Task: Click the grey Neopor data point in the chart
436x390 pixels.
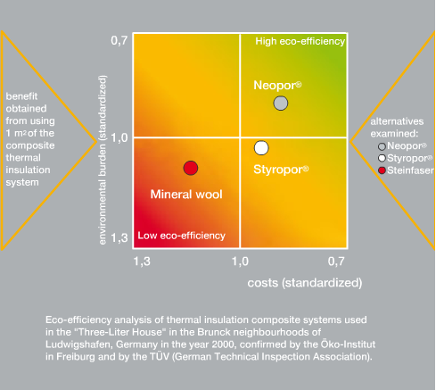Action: pyautogui.click(x=281, y=104)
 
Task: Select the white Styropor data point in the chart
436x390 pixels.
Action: pyautogui.click(x=261, y=148)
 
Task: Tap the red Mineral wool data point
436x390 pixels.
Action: pyautogui.click(x=191, y=168)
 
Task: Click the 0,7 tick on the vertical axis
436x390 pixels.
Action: pyautogui.click(x=119, y=40)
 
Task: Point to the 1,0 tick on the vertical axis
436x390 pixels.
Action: pyautogui.click(x=119, y=137)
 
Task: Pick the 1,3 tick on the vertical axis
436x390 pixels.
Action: pyautogui.click(x=119, y=237)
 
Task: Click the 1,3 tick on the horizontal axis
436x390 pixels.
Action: pyautogui.click(x=142, y=261)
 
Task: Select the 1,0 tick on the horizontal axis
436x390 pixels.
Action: pyautogui.click(x=240, y=261)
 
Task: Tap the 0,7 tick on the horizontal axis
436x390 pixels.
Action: pyautogui.click(x=336, y=261)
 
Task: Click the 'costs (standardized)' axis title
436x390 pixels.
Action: pyautogui.click(x=305, y=283)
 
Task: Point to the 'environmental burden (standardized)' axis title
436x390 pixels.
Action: pyautogui.click(x=103, y=160)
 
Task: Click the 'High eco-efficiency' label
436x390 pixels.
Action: pyautogui.click(x=300, y=41)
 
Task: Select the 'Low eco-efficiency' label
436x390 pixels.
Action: pyautogui.click(x=181, y=236)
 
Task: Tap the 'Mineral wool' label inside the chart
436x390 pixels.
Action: pyautogui.click(x=186, y=195)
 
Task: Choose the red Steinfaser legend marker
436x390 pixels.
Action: pyautogui.click(x=382, y=170)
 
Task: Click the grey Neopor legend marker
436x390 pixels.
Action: pyautogui.click(x=382, y=146)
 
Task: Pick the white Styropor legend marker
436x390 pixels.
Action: pyautogui.click(x=382, y=158)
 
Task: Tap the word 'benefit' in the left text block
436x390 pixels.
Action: pyautogui.click(x=21, y=96)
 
